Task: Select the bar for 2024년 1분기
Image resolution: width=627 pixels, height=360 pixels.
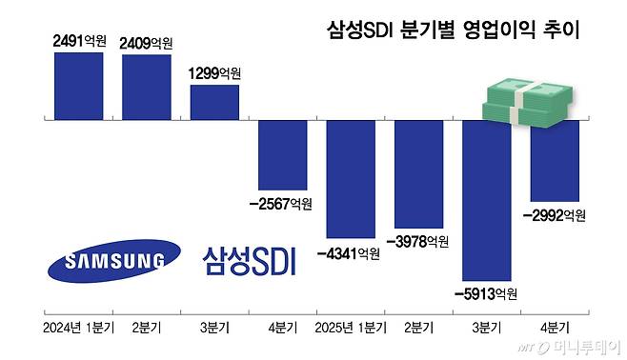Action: tap(78, 86)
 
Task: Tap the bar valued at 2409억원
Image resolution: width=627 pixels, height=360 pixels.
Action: tap(146, 88)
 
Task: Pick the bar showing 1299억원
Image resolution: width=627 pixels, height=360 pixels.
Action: tap(214, 103)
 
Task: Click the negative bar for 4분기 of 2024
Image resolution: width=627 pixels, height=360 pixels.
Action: tap(283, 154)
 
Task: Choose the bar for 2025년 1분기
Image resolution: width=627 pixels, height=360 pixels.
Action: tap(351, 178)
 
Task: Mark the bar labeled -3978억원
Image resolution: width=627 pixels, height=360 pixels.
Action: tap(418, 173)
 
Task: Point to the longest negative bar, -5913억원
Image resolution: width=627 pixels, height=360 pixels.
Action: tap(487, 200)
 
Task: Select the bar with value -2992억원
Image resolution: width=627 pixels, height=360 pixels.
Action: tap(555, 160)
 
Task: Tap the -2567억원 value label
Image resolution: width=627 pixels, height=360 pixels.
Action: tap(279, 203)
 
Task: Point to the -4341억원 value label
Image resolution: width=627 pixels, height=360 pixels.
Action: tap(349, 253)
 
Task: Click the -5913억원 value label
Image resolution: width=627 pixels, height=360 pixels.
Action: tap(486, 292)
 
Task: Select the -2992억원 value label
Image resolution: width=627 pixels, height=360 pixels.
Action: tap(554, 215)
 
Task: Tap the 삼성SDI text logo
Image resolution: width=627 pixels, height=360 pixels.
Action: tap(250, 260)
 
